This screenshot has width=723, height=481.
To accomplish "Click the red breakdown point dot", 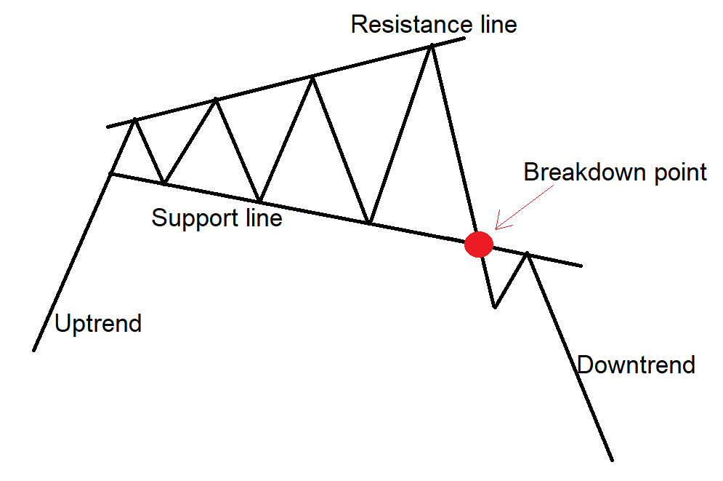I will [x=479, y=245].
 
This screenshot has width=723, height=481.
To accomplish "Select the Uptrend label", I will [x=98, y=322].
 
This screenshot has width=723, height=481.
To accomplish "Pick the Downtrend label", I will [x=636, y=364].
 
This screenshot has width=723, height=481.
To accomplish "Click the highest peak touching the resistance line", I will [x=432, y=45].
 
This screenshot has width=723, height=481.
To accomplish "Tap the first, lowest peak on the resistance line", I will [x=134, y=120].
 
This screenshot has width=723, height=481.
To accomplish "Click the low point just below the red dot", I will [x=494, y=306].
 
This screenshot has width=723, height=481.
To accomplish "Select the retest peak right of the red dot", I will [x=528, y=254].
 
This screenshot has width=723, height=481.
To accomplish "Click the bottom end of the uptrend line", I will [x=34, y=350].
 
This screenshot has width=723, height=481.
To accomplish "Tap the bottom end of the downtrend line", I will [x=612, y=460].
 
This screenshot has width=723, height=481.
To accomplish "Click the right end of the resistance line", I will [x=464, y=37].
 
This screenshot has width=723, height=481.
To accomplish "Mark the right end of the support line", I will [x=581, y=265].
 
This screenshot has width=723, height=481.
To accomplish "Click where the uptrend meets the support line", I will [x=110, y=173].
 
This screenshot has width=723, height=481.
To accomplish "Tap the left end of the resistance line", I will [x=108, y=127].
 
